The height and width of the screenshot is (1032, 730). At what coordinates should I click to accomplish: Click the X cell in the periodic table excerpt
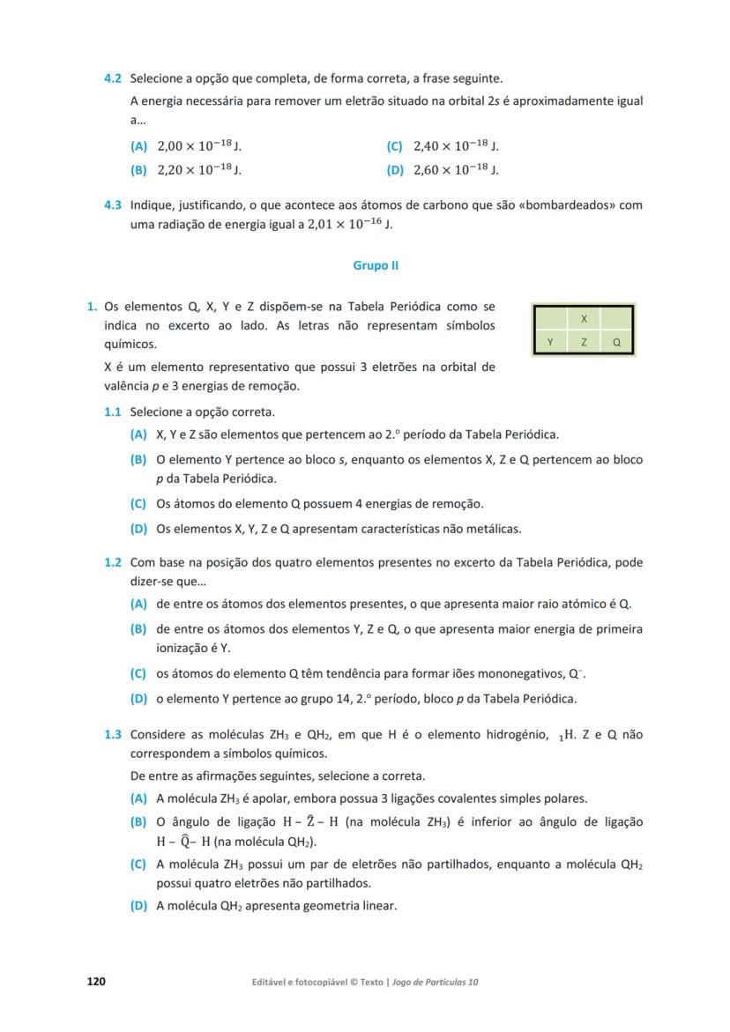[584, 318]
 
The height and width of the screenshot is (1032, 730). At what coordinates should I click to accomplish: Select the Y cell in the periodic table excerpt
[550, 342]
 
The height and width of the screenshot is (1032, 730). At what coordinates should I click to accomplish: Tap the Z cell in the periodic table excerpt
[584, 342]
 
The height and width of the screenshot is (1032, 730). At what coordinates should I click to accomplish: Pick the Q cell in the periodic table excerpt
[616, 342]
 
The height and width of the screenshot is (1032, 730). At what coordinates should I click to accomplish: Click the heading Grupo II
[376, 264]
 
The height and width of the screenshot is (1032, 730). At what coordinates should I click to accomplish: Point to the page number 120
[95, 981]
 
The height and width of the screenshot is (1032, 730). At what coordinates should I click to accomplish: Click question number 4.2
[113, 78]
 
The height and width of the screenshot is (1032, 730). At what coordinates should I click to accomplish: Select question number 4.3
[113, 205]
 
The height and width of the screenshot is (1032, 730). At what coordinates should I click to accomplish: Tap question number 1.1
[113, 412]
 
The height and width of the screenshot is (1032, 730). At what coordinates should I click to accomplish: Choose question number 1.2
[113, 562]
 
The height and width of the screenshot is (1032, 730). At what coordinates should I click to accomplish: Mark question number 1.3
[113, 734]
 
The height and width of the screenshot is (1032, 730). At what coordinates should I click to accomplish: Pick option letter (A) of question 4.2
[138, 146]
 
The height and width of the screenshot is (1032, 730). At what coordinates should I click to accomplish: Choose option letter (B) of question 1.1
[138, 459]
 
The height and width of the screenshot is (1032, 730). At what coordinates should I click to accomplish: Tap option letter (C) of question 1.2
[138, 674]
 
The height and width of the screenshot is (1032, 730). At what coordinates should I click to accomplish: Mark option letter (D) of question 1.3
[138, 905]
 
